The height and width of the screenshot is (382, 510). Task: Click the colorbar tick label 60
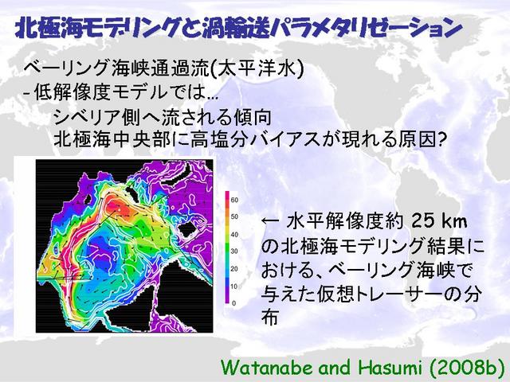pyautogui.click(x=234, y=200)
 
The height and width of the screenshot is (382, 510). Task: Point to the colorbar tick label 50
pyautogui.click(x=234, y=216)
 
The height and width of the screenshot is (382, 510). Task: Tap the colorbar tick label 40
pyautogui.click(x=234, y=235)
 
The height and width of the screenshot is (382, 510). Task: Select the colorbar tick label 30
pyautogui.click(x=234, y=251)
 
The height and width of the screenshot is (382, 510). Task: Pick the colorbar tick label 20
pyautogui.click(x=234, y=269)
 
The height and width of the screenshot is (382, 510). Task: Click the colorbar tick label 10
pyautogui.click(x=234, y=286)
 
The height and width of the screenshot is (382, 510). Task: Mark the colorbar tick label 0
pyautogui.click(x=233, y=303)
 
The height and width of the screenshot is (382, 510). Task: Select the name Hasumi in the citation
pyautogui.click(x=391, y=368)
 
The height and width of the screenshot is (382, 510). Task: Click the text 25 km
pyautogui.click(x=439, y=221)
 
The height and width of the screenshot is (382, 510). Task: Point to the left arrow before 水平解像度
pyautogui.click(x=270, y=221)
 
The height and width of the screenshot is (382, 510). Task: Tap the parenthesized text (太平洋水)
pyautogui.click(x=257, y=69)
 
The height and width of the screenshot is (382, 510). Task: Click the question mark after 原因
pyautogui.click(x=440, y=140)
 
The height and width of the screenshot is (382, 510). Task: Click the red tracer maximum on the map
pyautogui.click(x=118, y=207)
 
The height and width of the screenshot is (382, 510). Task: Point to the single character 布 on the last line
pyautogui.click(x=269, y=318)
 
